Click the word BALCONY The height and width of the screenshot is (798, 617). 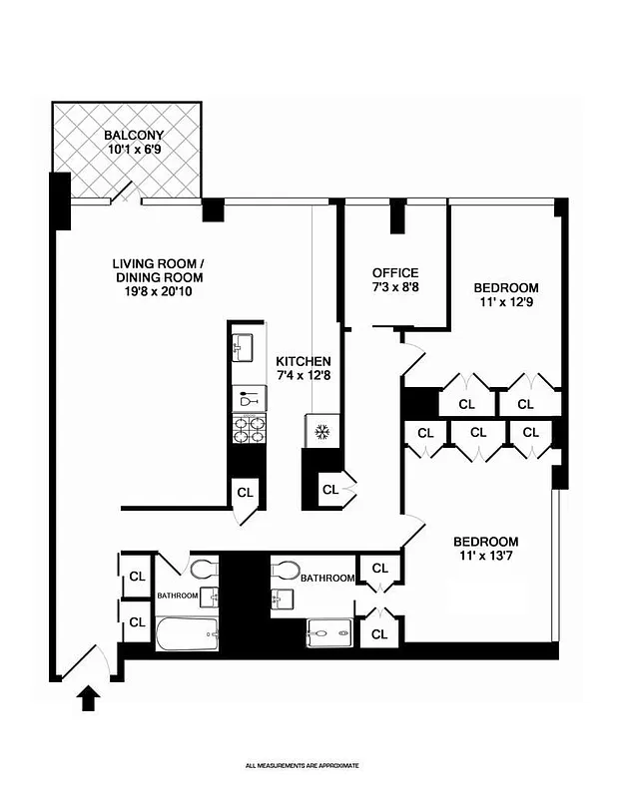(x=134, y=135)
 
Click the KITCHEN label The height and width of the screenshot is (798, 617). (x=304, y=361)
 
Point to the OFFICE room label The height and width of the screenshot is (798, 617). (x=394, y=272)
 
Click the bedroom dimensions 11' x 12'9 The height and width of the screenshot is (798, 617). (x=505, y=303)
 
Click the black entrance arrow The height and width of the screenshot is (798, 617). (x=88, y=697)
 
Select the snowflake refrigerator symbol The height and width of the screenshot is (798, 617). (x=321, y=431)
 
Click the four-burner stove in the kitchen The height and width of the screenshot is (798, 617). (x=248, y=428)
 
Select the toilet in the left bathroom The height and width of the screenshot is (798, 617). (x=204, y=570)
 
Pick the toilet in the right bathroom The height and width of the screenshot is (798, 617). (x=286, y=570)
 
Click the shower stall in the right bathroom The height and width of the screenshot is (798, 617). (x=329, y=632)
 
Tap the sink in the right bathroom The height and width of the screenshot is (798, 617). (x=280, y=598)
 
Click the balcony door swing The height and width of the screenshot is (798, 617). (x=124, y=192)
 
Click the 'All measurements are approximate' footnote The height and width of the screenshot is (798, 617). (x=302, y=765)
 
